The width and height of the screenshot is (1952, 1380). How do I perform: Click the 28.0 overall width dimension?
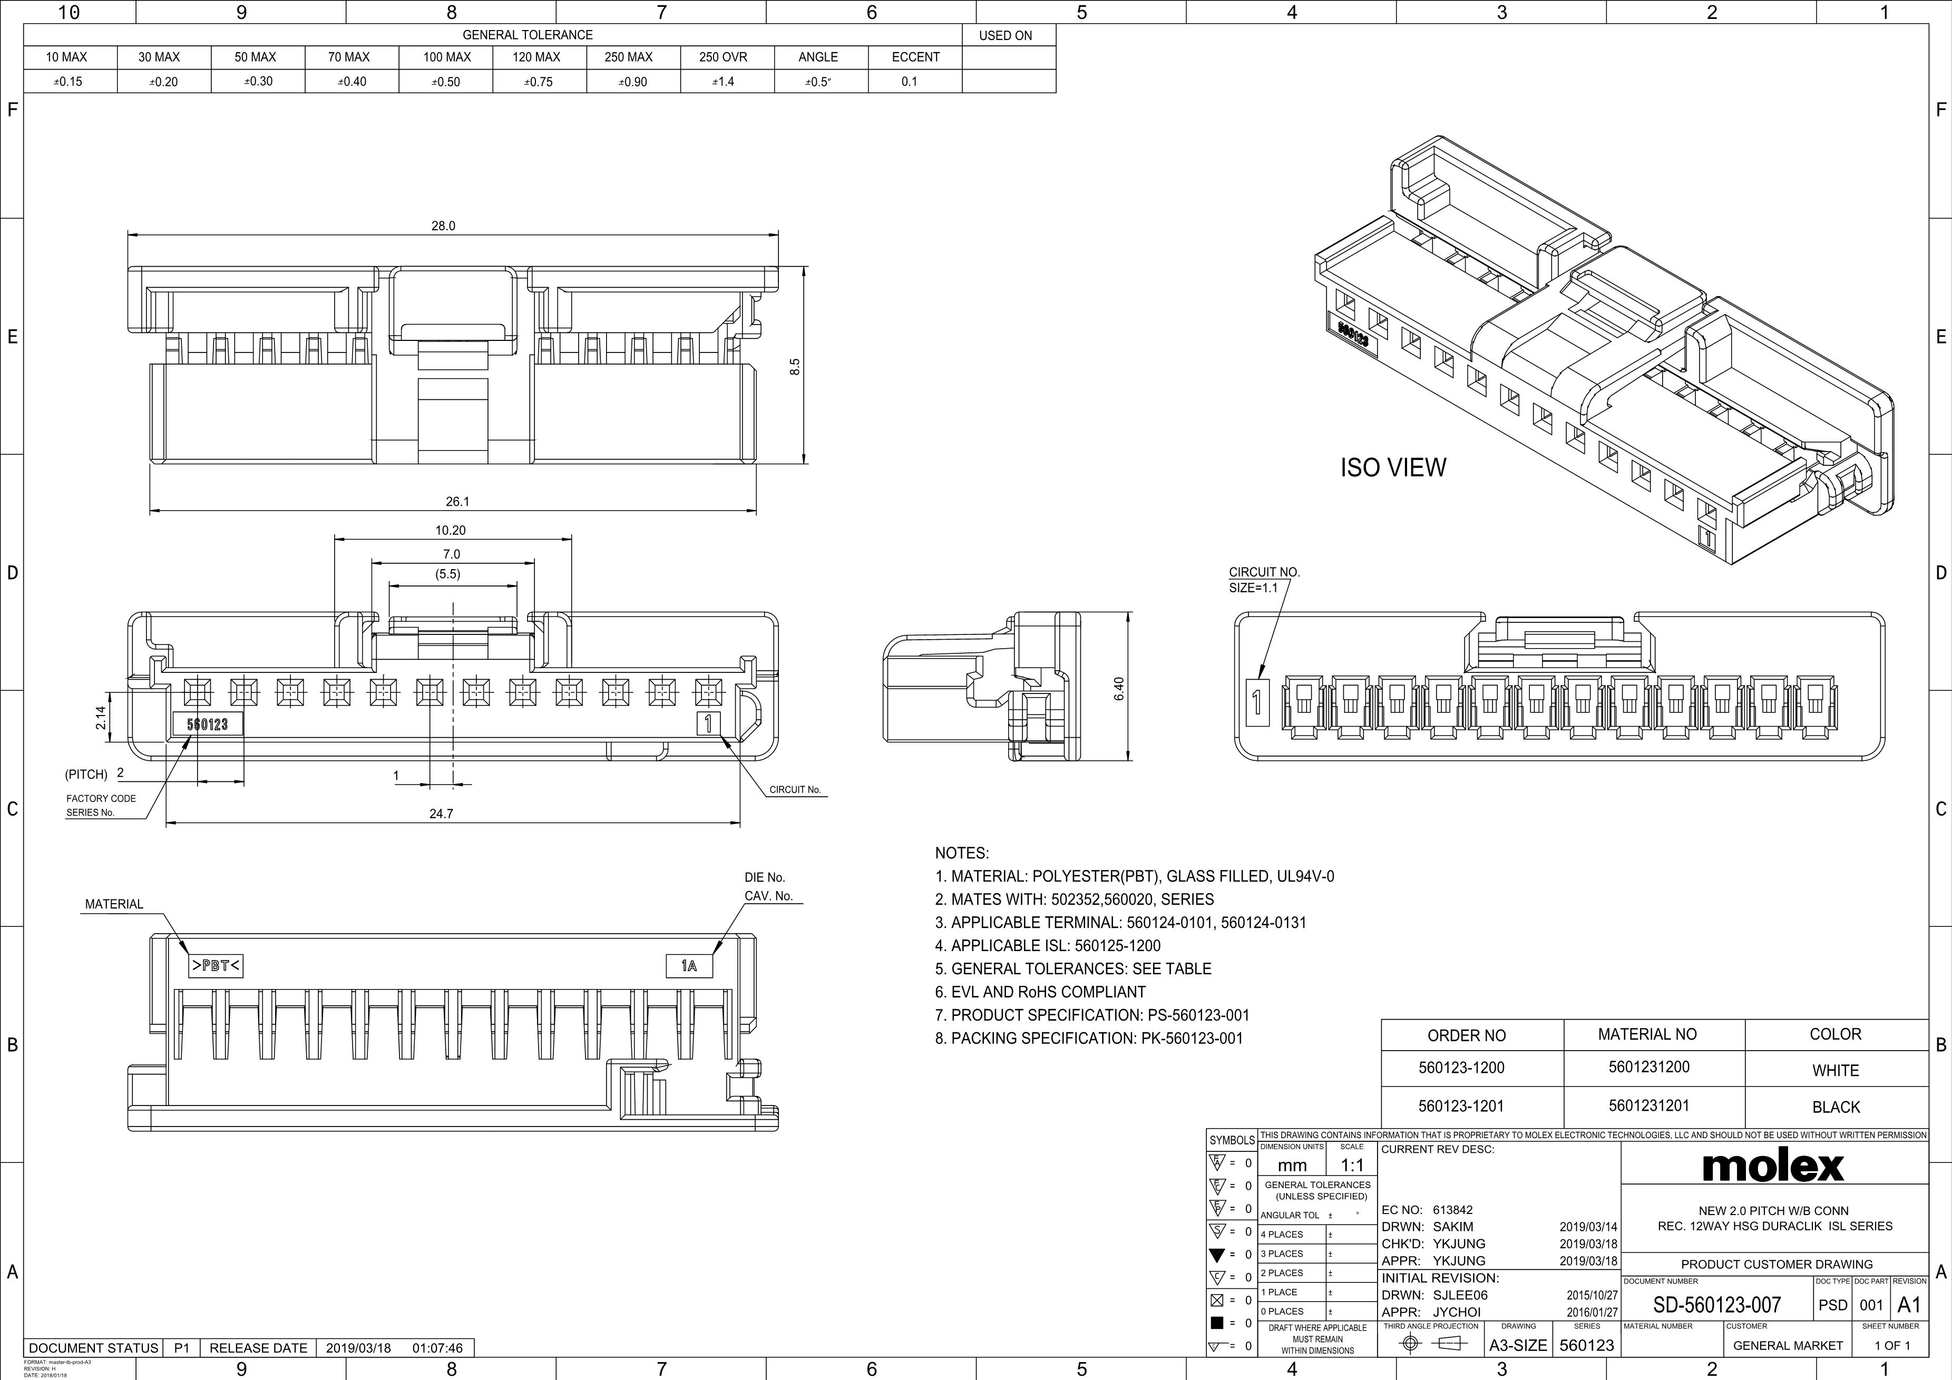pyautogui.click(x=443, y=226)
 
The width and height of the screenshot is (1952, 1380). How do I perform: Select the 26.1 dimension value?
pyautogui.click(x=457, y=502)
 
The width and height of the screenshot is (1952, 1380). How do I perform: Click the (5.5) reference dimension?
pyautogui.click(x=448, y=574)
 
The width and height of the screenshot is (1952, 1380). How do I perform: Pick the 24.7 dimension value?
pyautogui.click(x=441, y=814)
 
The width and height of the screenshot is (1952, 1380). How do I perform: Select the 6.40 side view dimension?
pyautogui.click(x=1119, y=689)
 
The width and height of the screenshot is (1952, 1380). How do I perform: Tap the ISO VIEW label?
pyautogui.click(x=1392, y=468)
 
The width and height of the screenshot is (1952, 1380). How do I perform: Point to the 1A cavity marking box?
pyautogui.click(x=689, y=966)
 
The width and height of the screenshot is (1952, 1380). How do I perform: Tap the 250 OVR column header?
pyautogui.click(x=723, y=57)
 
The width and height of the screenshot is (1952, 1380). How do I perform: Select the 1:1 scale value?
pyautogui.click(x=1352, y=1165)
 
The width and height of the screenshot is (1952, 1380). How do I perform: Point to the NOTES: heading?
pyautogui.click(x=962, y=853)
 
